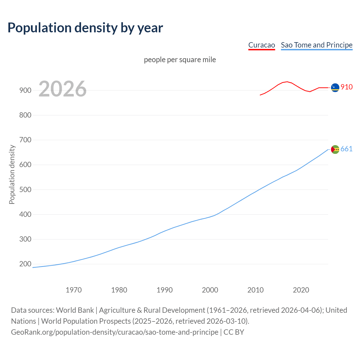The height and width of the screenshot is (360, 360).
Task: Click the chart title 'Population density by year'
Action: tap(85, 28)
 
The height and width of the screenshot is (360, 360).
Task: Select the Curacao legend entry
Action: tap(262, 45)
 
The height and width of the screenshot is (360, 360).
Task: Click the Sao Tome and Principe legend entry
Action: tap(317, 45)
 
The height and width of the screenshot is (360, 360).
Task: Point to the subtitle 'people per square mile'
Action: tap(180, 60)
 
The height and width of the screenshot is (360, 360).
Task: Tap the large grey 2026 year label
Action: tap(62, 89)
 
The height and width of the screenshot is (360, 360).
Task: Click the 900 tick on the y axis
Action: tap(25, 90)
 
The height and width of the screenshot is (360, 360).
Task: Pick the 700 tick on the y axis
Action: tap(25, 140)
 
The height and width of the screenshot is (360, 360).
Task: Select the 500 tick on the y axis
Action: tap(25, 190)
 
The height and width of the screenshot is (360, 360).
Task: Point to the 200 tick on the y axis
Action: tap(25, 264)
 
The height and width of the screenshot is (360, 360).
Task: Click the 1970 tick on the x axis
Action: tap(74, 290)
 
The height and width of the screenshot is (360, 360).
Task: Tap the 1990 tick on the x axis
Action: tap(165, 290)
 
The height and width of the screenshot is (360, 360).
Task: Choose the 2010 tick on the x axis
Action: tap(255, 290)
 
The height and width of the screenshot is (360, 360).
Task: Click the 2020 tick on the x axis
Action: tap(301, 290)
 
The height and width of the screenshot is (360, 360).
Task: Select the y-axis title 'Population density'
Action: tap(12, 174)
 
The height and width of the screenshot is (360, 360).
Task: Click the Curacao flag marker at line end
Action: tap(335, 88)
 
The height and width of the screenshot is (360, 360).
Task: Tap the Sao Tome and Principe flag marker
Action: tap(335, 149)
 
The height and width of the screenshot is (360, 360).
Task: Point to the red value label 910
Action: tap(346, 87)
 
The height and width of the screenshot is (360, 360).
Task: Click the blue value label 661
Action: tap(346, 149)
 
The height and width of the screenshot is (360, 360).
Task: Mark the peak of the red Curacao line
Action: tap(287, 82)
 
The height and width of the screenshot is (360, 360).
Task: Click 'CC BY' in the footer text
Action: tap(234, 332)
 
